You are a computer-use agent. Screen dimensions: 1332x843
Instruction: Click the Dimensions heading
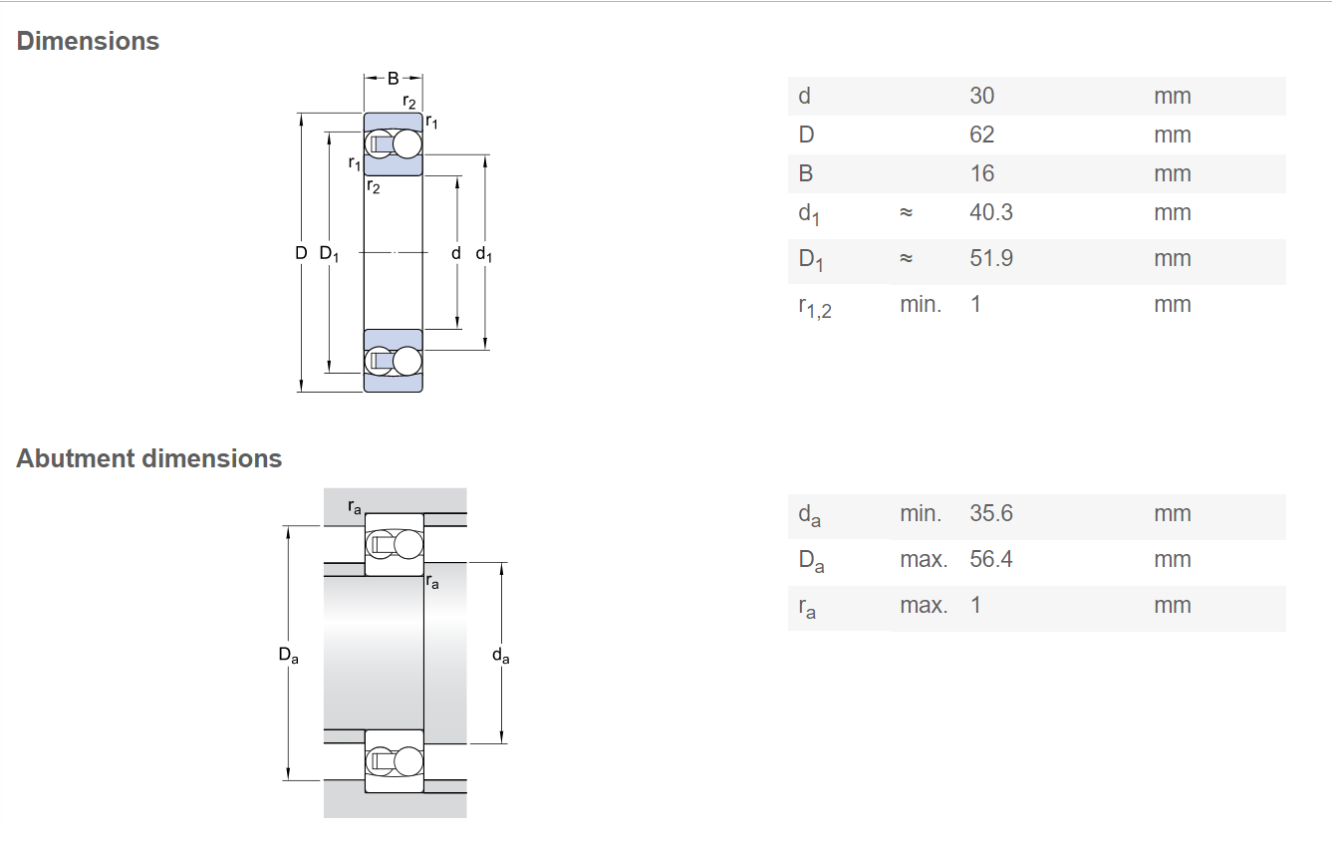tap(88, 42)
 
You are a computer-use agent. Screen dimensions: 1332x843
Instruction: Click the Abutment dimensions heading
tap(149, 458)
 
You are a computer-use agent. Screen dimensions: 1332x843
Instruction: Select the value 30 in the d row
tap(981, 96)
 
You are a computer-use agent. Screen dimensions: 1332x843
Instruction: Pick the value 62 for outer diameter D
tap(981, 136)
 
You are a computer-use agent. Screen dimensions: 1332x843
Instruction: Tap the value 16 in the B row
tap(981, 173)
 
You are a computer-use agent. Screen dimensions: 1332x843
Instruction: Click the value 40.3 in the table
tap(990, 212)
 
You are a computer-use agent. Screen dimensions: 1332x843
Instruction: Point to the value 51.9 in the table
tap(990, 258)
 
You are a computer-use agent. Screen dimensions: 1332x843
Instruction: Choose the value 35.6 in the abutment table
tap(990, 513)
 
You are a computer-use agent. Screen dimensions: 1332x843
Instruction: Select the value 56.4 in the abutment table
tap(990, 559)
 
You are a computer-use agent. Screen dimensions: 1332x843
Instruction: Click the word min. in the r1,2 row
tap(921, 305)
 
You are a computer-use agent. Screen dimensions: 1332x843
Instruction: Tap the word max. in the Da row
tap(924, 559)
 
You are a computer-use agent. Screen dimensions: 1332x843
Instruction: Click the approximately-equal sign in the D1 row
tap(906, 258)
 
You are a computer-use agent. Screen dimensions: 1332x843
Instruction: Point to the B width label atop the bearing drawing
tap(394, 78)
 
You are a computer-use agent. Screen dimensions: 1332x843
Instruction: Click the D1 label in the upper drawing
tap(329, 254)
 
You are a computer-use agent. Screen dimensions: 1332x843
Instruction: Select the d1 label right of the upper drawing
tap(483, 254)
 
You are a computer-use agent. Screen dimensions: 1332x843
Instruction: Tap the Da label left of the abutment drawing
tap(288, 655)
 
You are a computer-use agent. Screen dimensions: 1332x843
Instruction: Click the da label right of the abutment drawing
tap(501, 656)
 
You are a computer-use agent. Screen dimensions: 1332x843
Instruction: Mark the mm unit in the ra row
tap(1172, 606)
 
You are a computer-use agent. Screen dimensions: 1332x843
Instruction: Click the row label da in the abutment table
tap(809, 515)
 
